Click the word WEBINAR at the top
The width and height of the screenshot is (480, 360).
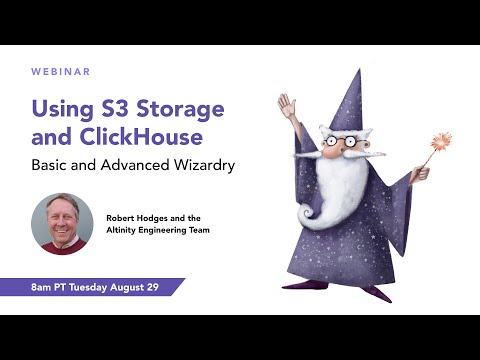[x=62, y=72]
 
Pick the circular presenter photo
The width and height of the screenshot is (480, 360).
[x=62, y=224]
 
